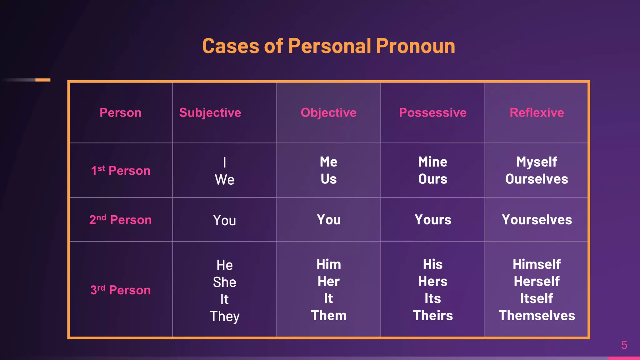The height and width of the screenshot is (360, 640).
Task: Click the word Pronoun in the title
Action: (x=415, y=46)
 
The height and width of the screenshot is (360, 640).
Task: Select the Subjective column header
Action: (x=210, y=112)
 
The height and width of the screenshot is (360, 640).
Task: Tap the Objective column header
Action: (x=328, y=112)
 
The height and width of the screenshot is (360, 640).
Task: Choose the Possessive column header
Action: (x=432, y=112)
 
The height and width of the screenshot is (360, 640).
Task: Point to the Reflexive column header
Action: (x=537, y=112)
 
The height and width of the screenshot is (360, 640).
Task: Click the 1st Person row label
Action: (x=121, y=171)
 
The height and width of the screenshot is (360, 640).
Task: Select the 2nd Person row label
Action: (x=121, y=220)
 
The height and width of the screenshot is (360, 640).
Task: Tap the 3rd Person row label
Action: (x=121, y=290)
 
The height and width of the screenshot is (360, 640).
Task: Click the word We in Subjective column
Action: (x=224, y=180)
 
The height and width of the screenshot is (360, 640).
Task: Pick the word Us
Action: (x=328, y=179)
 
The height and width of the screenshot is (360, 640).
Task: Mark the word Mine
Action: (x=432, y=162)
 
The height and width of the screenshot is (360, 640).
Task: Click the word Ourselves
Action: (x=537, y=179)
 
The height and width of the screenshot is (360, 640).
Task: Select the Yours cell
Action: (x=432, y=220)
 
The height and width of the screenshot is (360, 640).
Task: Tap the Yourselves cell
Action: (x=537, y=220)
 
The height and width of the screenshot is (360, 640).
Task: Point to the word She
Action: (x=224, y=282)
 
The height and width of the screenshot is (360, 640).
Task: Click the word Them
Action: (x=328, y=316)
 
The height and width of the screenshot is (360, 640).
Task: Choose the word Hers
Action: (x=432, y=282)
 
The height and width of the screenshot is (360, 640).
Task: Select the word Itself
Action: (x=537, y=298)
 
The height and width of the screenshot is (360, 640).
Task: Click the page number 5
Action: (x=624, y=345)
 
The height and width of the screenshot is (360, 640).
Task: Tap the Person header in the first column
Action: (x=121, y=112)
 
